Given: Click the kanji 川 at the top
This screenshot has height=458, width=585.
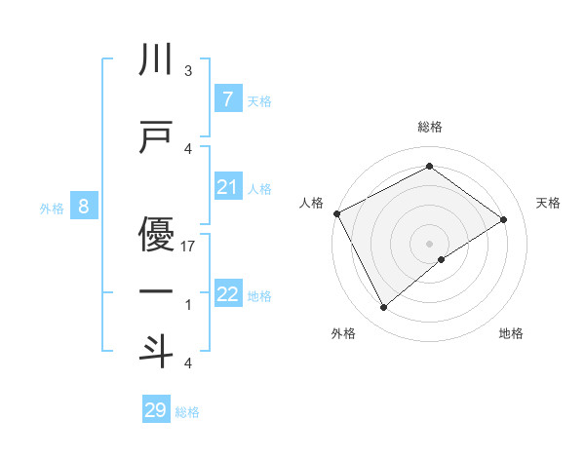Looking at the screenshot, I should pos(156,61).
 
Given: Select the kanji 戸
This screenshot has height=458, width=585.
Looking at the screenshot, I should pos(156,137).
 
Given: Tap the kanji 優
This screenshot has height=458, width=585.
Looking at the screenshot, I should pos(156,233).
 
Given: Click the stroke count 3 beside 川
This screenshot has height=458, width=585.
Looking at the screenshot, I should pos(188,71).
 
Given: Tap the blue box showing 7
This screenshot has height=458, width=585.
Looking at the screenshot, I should pos(227,99).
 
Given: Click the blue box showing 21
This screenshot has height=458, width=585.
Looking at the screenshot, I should pos(227,187).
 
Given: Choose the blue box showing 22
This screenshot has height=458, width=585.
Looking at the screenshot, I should pos(227,294).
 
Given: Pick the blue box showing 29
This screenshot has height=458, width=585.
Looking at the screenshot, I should pos(155,410).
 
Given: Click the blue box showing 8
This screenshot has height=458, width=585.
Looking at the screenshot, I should pos(84,207).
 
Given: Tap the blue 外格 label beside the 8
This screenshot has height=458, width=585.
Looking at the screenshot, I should pos(52,208).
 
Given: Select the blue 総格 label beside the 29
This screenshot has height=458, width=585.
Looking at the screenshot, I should pos(187,412).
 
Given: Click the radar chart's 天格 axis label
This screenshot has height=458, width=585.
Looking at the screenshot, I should pos(549,203).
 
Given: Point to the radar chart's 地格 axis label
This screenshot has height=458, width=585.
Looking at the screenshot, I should pos(511,334).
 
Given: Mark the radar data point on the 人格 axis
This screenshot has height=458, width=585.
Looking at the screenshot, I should pos(336,213).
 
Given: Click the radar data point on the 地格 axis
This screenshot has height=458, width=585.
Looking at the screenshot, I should pos(442,259).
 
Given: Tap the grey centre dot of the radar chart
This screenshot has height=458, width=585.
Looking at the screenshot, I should pos(429,242).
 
